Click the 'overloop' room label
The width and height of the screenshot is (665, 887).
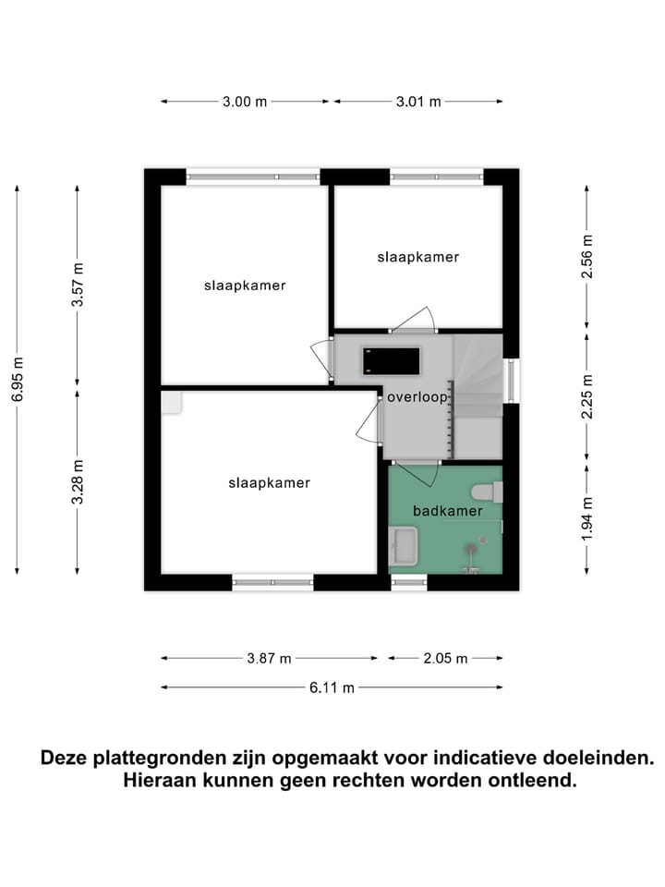coord(417,397)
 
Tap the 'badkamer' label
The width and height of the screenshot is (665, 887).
coord(448,509)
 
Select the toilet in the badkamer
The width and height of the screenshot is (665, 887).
coord(486,492)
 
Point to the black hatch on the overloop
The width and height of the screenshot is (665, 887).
coord(392,359)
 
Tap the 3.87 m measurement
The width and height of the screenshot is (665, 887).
coord(270,659)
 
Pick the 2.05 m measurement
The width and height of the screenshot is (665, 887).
coord(446,659)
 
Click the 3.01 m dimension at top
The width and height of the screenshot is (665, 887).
coord(418,102)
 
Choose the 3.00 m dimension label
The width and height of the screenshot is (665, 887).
coord(245,102)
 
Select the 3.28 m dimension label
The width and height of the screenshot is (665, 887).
coord(78,481)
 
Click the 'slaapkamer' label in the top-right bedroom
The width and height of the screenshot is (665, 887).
coord(417,257)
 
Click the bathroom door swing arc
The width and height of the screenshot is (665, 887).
coord(429,476)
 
